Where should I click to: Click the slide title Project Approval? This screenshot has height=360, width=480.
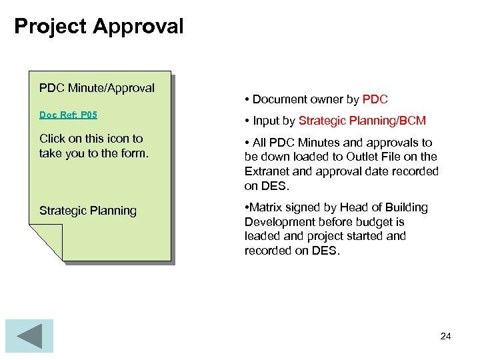(99, 27)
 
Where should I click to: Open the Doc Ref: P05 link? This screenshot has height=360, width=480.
(68, 115)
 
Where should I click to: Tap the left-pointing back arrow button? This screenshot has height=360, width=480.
(29, 336)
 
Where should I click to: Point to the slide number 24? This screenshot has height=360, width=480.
(445, 336)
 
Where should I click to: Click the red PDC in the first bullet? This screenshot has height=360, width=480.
(375, 99)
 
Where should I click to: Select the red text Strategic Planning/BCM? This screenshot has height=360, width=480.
(362, 121)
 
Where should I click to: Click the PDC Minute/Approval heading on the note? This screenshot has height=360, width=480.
(97, 88)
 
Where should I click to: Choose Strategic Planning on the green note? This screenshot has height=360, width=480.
(87, 211)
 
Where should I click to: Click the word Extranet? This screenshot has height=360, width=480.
(267, 171)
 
